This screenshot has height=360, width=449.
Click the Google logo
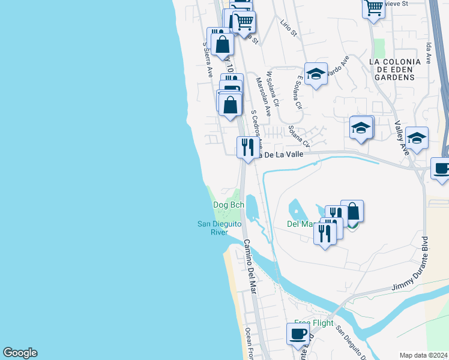[x=20, y=353]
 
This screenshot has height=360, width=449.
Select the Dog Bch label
[x=229, y=205]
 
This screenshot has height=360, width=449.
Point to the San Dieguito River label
[x=220, y=228]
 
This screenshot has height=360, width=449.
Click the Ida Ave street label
[x=429, y=53]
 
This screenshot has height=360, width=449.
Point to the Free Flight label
[x=313, y=323]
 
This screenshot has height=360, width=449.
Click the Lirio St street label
[x=289, y=27]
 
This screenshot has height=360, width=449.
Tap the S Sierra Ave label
[x=208, y=59]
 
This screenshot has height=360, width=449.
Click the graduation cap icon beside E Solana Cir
[x=316, y=74]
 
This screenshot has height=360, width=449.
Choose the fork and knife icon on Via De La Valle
[x=247, y=147]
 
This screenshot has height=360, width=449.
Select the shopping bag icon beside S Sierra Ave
[x=222, y=44]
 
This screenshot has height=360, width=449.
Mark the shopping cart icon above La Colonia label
[x=373, y=8]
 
